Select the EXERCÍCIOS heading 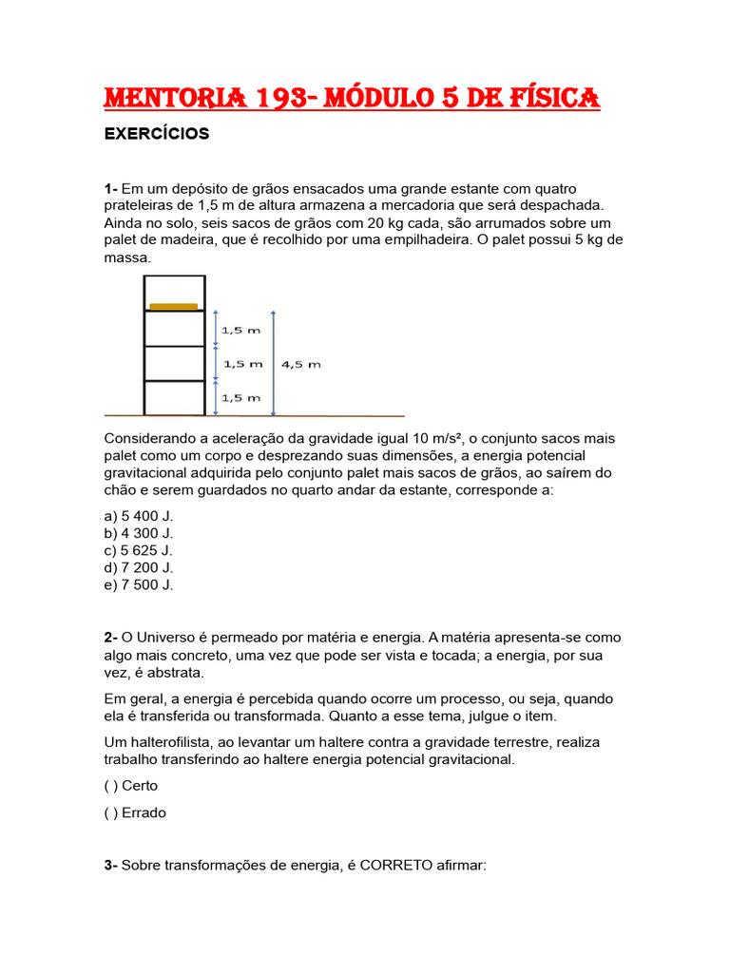click(156, 134)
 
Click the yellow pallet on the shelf click(173, 306)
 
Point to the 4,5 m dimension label click(302, 364)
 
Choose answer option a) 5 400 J click(140, 516)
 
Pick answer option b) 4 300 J click(140, 533)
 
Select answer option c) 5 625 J click(140, 550)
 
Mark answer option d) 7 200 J click(140, 567)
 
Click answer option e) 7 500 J click(140, 584)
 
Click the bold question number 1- click(110, 188)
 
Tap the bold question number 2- click(110, 637)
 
